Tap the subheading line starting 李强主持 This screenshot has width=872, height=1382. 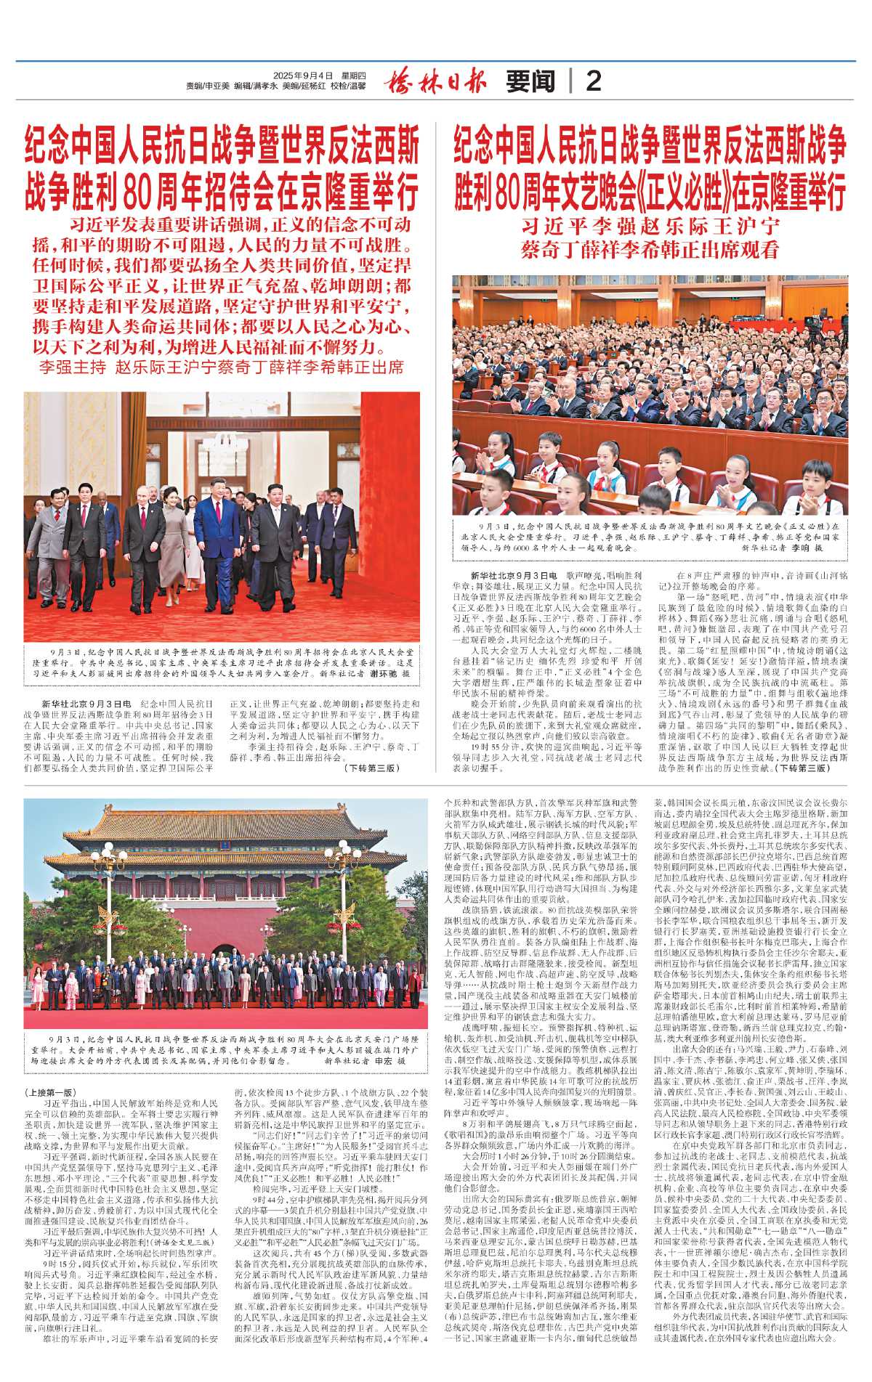(222, 367)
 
